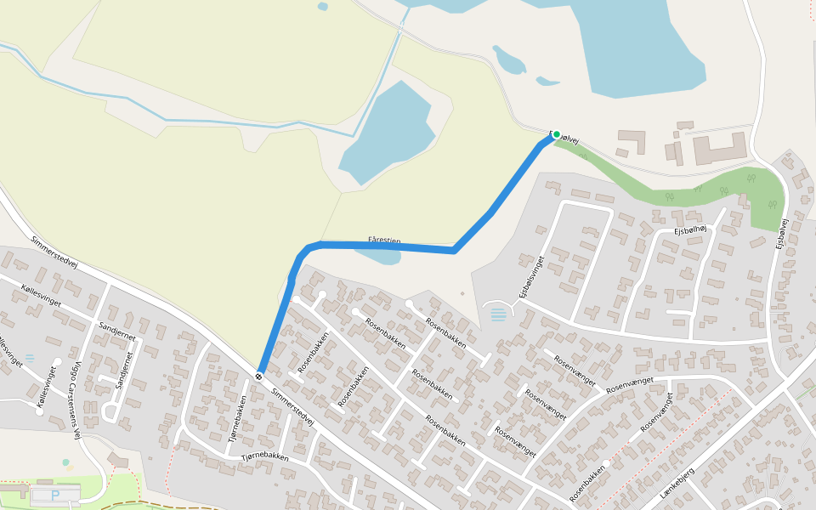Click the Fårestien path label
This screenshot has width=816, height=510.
pos(385,241)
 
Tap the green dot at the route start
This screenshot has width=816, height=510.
pos(557,134)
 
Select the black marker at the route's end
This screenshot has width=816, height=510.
pos(258,375)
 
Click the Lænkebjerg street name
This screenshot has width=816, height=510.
pos(677,482)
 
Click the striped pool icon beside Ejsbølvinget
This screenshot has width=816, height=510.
pos(498,314)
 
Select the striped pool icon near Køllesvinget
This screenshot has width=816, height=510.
pos(31,358)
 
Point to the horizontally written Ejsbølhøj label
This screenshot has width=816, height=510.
pos(691,229)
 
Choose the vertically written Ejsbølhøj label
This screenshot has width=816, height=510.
pos(783,233)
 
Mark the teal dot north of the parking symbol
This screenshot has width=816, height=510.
pos(65,462)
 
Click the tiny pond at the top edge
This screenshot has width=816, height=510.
pos(322,7)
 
